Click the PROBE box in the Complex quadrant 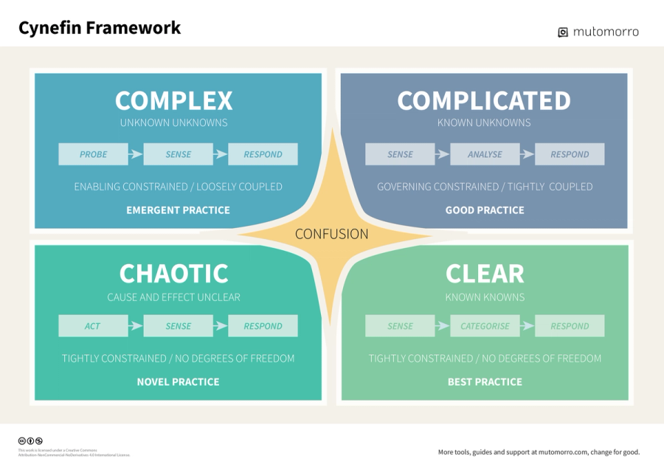[94, 154]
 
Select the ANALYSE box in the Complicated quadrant [485, 154]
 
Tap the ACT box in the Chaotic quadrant [92, 326]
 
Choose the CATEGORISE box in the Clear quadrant [485, 326]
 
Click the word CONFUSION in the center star [331, 234]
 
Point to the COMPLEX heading [174, 100]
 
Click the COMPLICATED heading [484, 100]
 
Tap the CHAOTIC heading [174, 274]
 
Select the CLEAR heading [485, 274]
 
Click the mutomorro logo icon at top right [563, 32]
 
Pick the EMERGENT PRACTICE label [178, 210]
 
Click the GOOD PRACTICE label [485, 210]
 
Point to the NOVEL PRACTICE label [178, 382]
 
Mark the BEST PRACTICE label [485, 382]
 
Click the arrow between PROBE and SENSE [136, 154]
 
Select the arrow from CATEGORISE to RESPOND [527, 326]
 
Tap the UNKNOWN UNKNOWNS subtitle [174, 122]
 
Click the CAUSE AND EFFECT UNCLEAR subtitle [174, 297]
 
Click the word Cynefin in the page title [49, 28]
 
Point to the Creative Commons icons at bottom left [30, 441]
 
